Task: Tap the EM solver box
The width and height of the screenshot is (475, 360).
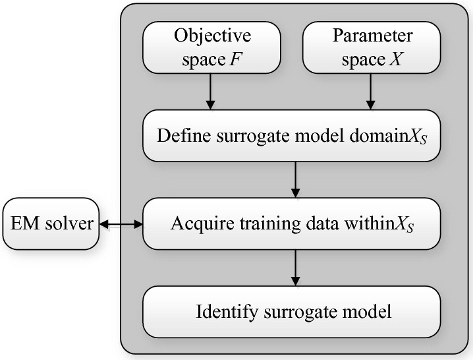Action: click(x=50, y=224)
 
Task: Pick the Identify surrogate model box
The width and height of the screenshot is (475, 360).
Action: click(x=292, y=311)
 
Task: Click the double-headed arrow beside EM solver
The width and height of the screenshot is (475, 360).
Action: click(x=120, y=225)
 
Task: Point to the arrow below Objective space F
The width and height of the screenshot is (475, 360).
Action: click(x=210, y=90)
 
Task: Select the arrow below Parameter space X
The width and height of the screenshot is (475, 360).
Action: click(x=370, y=90)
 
